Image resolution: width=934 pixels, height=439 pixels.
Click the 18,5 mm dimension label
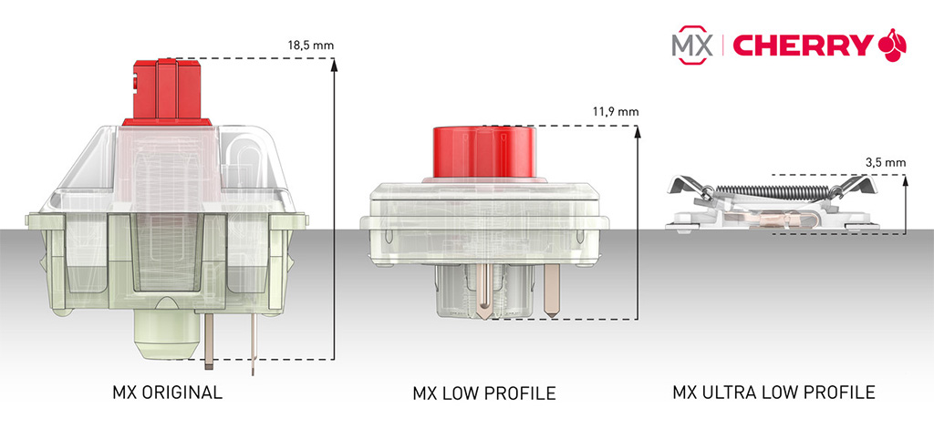[x=310, y=46]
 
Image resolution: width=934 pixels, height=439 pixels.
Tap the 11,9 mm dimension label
[x=616, y=111]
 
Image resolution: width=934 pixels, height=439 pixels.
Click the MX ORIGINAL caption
[x=167, y=393]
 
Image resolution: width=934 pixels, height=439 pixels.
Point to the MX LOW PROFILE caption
[x=483, y=393]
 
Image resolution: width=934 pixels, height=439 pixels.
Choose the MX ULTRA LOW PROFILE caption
[x=773, y=393]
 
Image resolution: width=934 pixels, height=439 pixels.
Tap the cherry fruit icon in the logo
[x=892, y=45]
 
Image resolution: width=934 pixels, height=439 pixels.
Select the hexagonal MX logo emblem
[x=692, y=45]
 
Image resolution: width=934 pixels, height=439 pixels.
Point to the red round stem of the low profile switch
[x=483, y=152]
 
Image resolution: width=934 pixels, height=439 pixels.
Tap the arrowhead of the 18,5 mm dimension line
[x=334, y=66]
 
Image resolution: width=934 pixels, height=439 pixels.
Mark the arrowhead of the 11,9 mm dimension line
[x=638, y=132]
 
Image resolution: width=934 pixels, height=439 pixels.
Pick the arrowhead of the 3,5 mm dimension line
[x=906, y=181]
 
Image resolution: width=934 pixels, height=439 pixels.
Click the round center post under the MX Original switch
[x=168, y=335]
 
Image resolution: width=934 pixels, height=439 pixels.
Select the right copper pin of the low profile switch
[x=552, y=289]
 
